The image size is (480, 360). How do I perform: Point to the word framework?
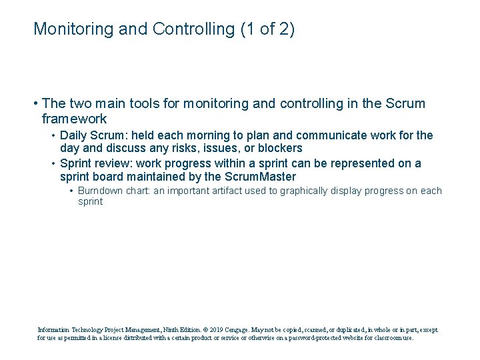pyautogui.click(x=74, y=119)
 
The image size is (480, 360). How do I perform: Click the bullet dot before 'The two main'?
pyautogui.click(x=34, y=104)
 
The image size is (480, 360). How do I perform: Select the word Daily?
pyautogui.click(x=74, y=135)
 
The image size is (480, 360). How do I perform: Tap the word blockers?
pyautogui.click(x=278, y=148)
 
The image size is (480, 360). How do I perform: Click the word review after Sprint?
pyautogui.click(x=115, y=163)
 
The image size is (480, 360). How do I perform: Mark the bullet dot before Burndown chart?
pyautogui.click(x=71, y=191)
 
